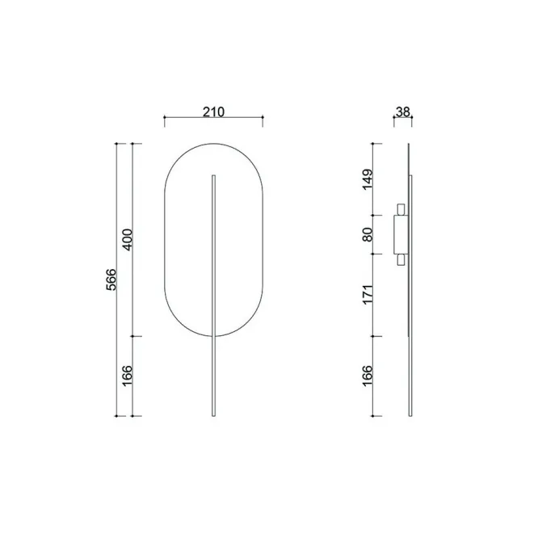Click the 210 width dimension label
click(213, 111)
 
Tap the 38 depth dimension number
click(403, 111)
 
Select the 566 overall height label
click(111, 280)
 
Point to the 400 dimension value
click(128, 239)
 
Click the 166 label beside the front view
click(128, 376)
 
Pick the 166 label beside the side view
click(367, 376)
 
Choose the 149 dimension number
click(367, 179)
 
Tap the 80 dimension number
click(367, 235)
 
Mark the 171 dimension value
click(367, 294)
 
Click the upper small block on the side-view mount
click(401, 209)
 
